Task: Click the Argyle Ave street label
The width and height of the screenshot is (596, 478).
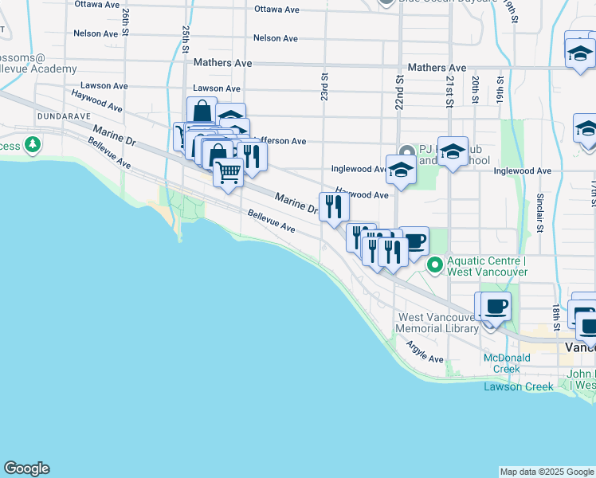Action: coord(424,353)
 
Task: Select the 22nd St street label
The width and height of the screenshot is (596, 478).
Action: coord(399,92)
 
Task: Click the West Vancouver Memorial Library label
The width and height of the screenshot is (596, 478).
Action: coord(437,323)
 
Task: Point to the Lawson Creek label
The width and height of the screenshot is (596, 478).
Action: coord(519,387)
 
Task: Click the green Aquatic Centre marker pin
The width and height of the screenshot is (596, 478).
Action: coord(435,265)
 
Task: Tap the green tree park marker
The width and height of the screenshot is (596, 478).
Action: coord(33,146)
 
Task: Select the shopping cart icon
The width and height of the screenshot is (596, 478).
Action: coord(229,171)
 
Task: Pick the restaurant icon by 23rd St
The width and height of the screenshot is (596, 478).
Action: coord(334,206)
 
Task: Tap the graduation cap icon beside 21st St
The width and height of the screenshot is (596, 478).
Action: coord(453,151)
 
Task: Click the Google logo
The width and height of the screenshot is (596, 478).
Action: coord(26,468)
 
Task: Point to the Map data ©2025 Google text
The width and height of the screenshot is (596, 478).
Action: coord(546,472)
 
